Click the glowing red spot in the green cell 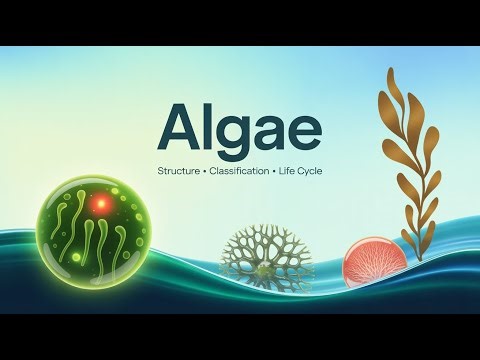click(99, 204)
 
